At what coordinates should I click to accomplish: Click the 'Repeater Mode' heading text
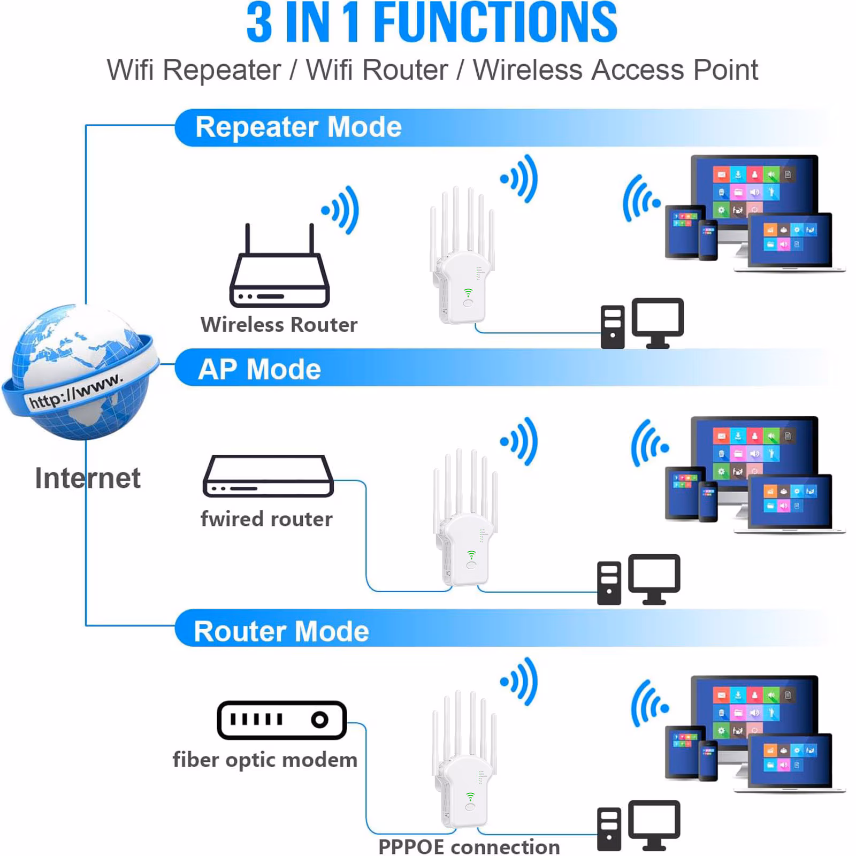coord(298,127)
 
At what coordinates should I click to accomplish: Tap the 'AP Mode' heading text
coord(259,369)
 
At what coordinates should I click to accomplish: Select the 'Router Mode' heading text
coord(281,631)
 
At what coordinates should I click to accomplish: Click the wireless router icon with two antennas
coord(279,273)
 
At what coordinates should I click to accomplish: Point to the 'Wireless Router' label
coord(279,325)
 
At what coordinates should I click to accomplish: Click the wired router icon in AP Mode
coord(268,476)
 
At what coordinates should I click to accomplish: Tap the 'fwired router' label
coord(266,519)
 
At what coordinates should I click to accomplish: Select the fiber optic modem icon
coord(281,720)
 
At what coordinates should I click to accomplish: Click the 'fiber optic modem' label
coord(265,760)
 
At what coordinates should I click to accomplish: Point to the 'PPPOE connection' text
coord(469,847)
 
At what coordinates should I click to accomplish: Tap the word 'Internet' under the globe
coord(87,478)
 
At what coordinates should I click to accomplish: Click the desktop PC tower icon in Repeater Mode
coord(612,327)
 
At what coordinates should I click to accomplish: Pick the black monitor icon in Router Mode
coord(654,824)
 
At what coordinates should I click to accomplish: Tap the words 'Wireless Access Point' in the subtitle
coord(615,70)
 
